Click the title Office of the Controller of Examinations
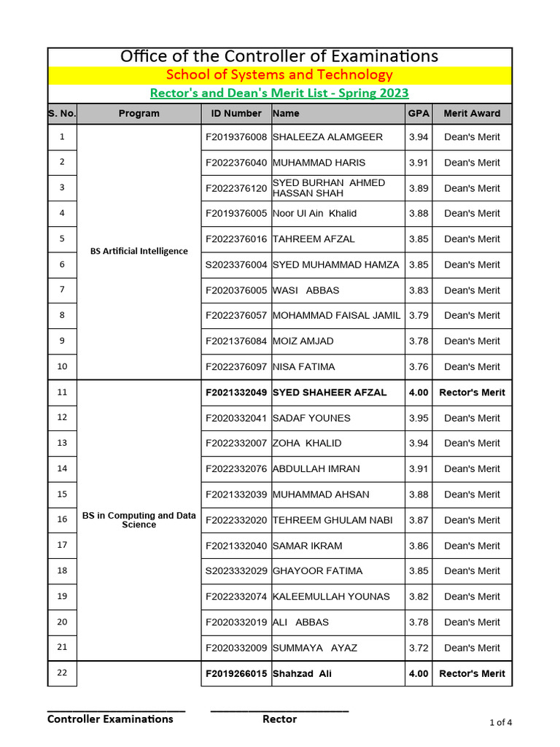pyautogui.click(x=279, y=56)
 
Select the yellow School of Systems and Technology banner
pyautogui.click(x=279, y=74)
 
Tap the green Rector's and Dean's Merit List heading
pyautogui.click(x=279, y=93)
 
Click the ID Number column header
pyautogui.click(x=236, y=113)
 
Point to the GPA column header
pyautogui.click(x=418, y=113)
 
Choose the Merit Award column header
pyautogui.click(x=472, y=113)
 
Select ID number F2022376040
pyautogui.click(x=236, y=163)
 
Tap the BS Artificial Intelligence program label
pyautogui.click(x=139, y=251)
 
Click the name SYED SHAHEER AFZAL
pyautogui.click(x=330, y=392)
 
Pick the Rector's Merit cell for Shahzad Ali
pyautogui.click(x=472, y=673)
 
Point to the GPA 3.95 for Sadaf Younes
pyautogui.click(x=419, y=418)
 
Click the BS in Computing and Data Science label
pyautogui.click(x=139, y=519)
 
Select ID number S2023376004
pyautogui.click(x=236, y=265)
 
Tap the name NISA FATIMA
pyautogui.click(x=303, y=367)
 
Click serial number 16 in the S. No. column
pyautogui.click(x=62, y=519)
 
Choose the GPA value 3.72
pyautogui.click(x=419, y=648)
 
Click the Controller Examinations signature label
pyautogui.click(x=110, y=719)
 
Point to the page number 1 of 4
pyautogui.click(x=499, y=723)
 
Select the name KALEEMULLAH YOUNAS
pyautogui.click(x=331, y=597)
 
